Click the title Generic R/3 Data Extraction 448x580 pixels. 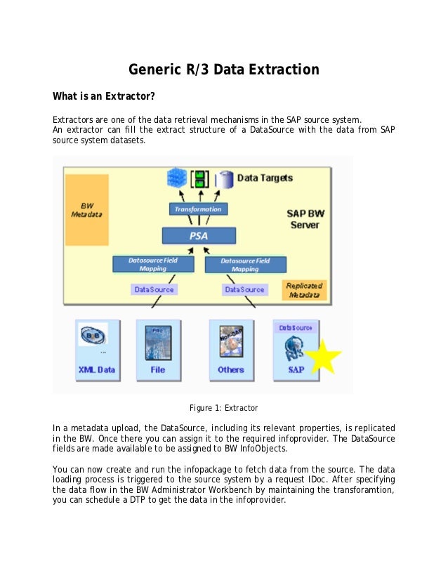click(x=223, y=70)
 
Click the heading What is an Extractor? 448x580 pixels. click(x=104, y=95)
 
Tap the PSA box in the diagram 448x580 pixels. click(x=199, y=236)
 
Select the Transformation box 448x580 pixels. click(x=198, y=209)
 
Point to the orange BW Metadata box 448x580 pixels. click(x=86, y=209)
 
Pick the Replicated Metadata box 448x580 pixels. click(x=304, y=291)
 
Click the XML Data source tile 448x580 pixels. click(x=98, y=350)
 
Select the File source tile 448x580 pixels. click(x=158, y=350)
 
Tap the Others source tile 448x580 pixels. click(x=231, y=350)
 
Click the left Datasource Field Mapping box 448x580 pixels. click(x=152, y=264)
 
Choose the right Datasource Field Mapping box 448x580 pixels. click(x=245, y=264)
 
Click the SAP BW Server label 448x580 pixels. click(x=305, y=218)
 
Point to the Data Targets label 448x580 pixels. click(x=265, y=178)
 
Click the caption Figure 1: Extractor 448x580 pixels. click(x=224, y=408)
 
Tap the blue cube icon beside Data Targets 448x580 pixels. click(x=175, y=178)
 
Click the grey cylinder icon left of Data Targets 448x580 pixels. click(x=225, y=179)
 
